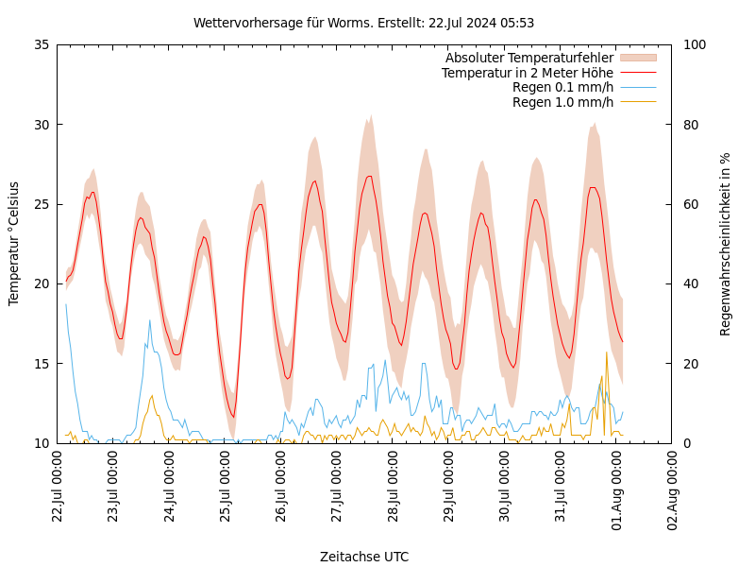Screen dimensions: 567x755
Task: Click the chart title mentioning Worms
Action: (x=363, y=23)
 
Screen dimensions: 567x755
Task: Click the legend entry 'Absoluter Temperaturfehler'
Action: (x=528, y=58)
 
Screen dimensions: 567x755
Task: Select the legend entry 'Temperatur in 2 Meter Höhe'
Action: (x=527, y=73)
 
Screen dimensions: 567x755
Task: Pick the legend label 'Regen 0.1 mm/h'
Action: (x=562, y=88)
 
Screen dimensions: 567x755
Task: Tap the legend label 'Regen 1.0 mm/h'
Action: (x=562, y=102)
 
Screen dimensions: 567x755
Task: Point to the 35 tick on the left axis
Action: (x=41, y=44)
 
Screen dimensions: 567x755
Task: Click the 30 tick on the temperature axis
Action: (x=41, y=125)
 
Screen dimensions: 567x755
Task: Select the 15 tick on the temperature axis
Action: (x=41, y=364)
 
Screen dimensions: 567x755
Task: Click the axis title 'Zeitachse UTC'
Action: (x=364, y=557)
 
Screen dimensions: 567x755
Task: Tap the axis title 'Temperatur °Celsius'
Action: (x=14, y=243)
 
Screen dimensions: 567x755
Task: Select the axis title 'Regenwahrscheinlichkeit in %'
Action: (x=726, y=244)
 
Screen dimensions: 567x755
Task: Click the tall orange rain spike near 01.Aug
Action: (x=606, y=354)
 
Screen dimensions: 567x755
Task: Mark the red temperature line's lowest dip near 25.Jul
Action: (x=233, y=416)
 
